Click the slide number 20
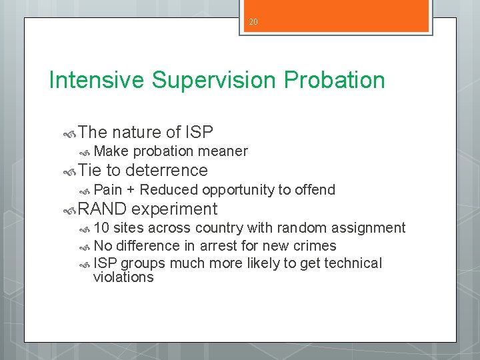click(253, 22)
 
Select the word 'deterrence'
click(166, 171)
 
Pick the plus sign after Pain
click(131, 190)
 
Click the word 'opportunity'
click(237, 190)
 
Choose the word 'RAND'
click(102, 209)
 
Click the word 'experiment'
click(174, 209)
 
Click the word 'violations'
click(123, 277)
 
